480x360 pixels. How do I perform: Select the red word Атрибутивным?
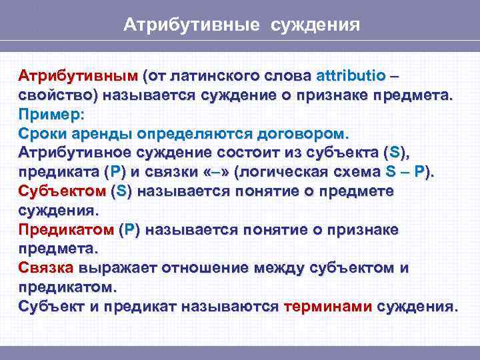click(77, 74)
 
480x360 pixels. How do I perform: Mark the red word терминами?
click(327, 307)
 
